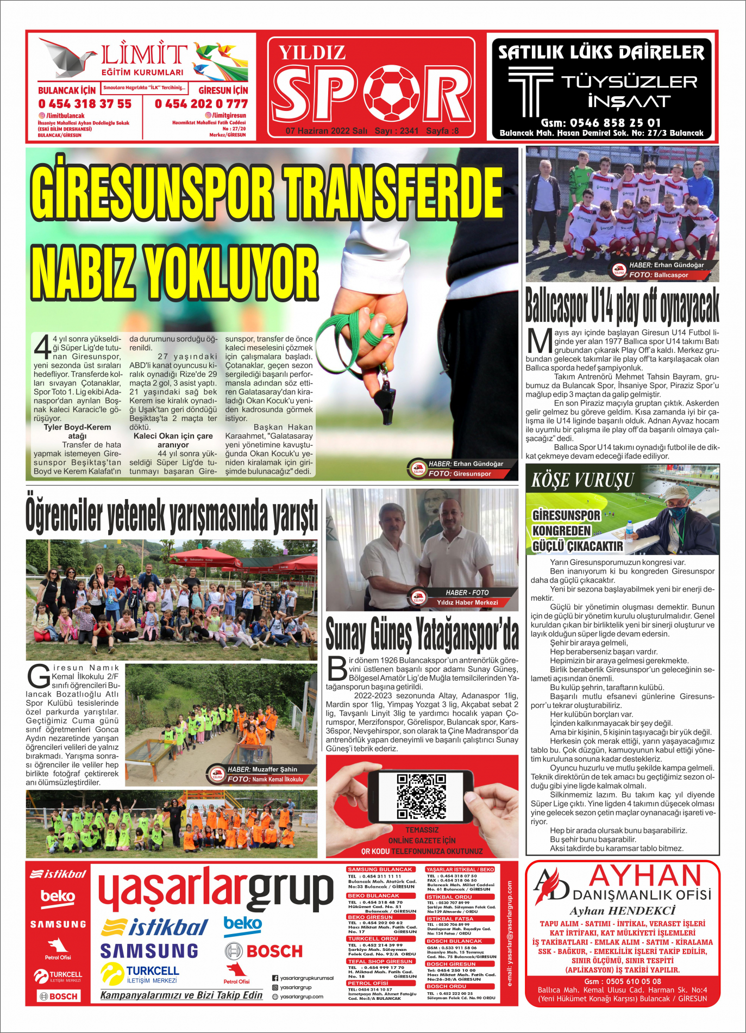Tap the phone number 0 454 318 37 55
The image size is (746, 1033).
85,104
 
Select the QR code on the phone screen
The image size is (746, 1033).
422,796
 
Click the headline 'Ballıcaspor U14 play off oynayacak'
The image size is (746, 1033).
622,306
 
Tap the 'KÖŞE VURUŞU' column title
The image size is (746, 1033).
583,480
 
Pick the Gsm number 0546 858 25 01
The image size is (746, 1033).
600,123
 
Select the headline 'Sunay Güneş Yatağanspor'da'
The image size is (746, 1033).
422,634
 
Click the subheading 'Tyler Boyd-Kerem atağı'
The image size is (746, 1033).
77,431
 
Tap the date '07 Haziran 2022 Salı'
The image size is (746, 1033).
326,131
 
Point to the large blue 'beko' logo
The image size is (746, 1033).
243,924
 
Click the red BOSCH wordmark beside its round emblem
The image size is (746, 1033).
274,951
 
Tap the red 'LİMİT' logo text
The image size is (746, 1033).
143,55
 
